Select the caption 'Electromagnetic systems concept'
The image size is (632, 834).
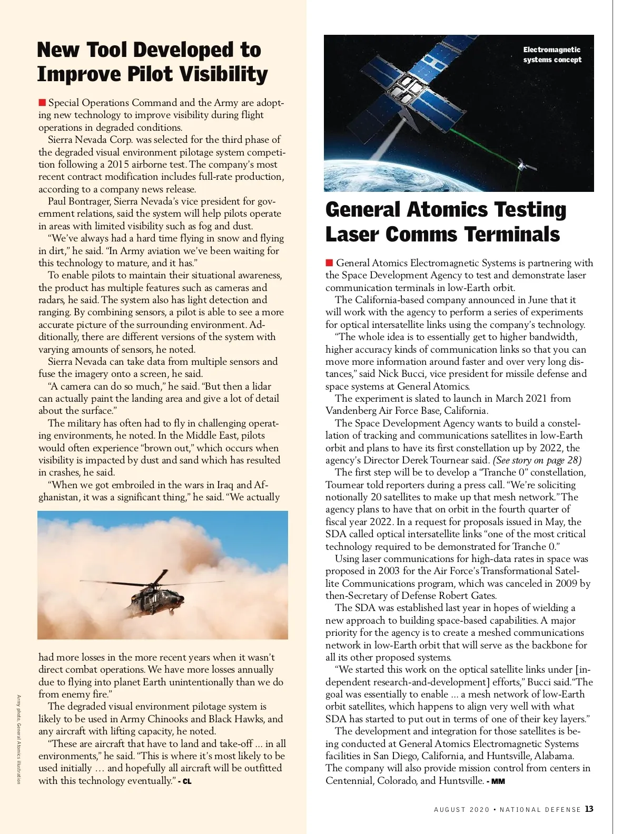(x=552, y=54)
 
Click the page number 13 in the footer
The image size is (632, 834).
(x=589, y=809)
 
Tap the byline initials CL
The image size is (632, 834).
(x=186, y=781)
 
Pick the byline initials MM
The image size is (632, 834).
(x=498, y=781)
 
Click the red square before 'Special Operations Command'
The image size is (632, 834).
(x=42, y=102)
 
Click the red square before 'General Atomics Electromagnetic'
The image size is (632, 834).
(x=330, y=263)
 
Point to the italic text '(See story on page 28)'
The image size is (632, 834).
(x=537, y=460)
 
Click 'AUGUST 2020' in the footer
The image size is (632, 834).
(x=462, y=810)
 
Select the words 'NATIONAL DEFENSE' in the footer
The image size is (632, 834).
(x=540, y=810)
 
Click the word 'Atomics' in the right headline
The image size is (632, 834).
(x=446, y=209)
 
